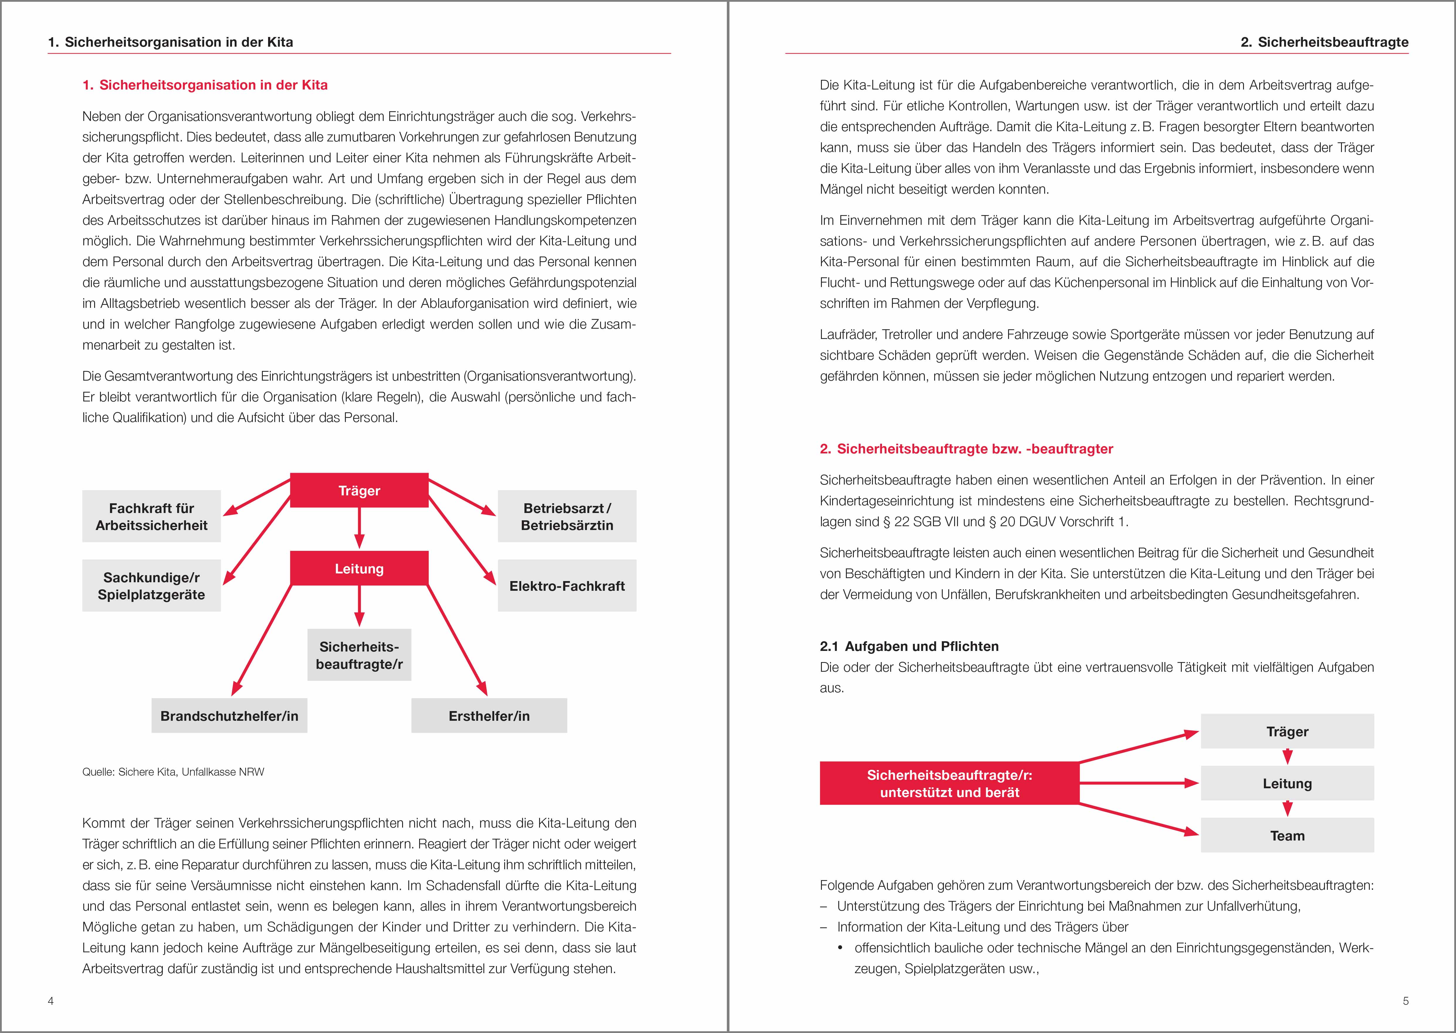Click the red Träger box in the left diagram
[359, 490]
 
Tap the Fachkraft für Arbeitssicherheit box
[151, 516]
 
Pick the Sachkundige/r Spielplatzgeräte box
[151, 586]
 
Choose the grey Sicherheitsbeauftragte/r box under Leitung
[359, 655]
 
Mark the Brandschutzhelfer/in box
[229, 715]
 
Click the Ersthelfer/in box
[489, 715]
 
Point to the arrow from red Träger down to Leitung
[359, 528]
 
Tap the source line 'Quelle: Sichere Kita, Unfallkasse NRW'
[173, 772]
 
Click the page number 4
[51, 1000]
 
